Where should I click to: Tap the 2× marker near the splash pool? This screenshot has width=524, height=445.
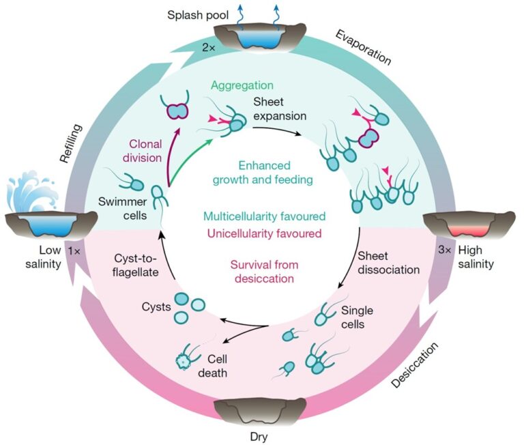[x=209, y=48]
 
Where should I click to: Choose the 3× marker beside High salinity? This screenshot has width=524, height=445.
[x=444, y=250]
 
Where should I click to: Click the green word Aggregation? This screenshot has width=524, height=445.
[x=242, y=85]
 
